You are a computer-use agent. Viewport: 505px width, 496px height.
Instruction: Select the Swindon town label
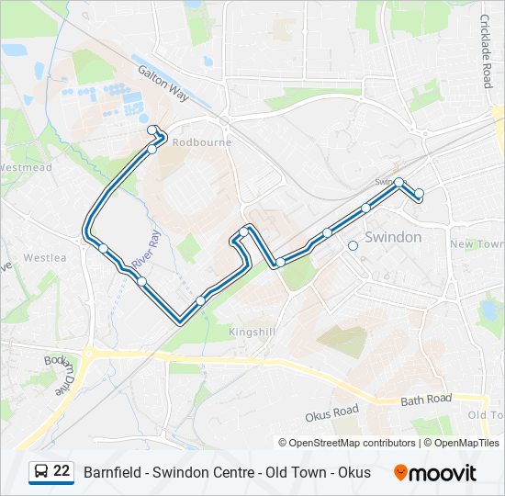coord(393,237)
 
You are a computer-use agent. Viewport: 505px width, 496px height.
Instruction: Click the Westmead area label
coord(25,168)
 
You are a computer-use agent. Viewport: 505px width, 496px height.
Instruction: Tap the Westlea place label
coord(45,258)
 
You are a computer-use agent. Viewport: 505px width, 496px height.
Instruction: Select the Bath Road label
coord(426,400)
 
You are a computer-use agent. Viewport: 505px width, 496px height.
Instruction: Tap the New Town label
coord(476,244)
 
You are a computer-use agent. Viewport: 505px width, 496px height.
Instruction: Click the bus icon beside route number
coord(41,472)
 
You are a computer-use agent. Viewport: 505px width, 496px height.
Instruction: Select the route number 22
coord(62,472)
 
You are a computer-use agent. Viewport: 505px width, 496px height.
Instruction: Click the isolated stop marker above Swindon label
coord(353,245)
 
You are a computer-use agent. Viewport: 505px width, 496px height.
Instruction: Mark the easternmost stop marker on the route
coord(419,193)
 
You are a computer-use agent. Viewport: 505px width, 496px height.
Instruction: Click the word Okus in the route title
coord(354,473)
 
